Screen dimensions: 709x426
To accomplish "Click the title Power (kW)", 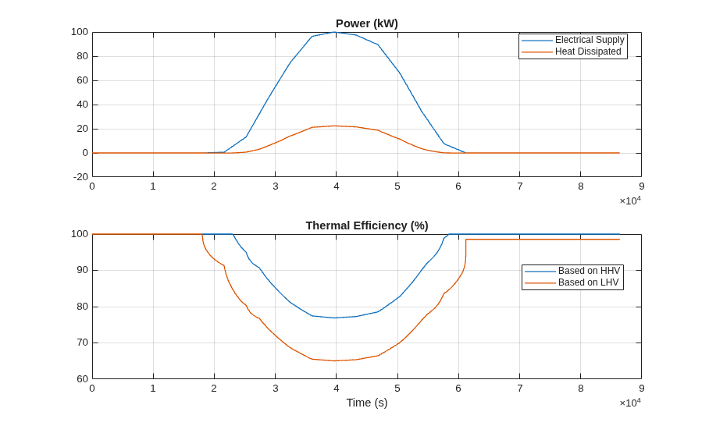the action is [367, 23].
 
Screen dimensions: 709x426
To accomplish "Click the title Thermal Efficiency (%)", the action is [367, 225].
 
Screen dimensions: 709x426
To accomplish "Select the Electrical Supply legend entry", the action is [573, 40].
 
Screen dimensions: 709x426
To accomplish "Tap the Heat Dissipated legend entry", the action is [572, 51].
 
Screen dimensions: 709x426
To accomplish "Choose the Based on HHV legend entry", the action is [572, 271].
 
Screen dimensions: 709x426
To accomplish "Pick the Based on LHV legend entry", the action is [572, 282].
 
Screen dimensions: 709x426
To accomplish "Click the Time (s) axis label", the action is [367, 403].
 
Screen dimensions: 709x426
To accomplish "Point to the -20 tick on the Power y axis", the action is [80, 177].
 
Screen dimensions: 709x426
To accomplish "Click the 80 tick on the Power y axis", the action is [82, 56].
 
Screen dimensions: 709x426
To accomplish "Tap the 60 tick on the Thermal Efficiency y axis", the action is [82, 379].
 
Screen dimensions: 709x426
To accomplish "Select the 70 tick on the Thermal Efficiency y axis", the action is [82, 343].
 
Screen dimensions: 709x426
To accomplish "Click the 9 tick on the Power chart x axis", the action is [642, 186].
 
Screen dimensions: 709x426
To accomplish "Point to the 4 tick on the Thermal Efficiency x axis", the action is [336, 388].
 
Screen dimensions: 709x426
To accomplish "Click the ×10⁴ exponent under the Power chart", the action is [630, 201].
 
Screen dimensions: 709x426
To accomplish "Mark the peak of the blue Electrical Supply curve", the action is [336, 32].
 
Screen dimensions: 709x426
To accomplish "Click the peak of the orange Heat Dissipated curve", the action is [336, 126].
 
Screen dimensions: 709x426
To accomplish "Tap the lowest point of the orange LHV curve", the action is [336, 361].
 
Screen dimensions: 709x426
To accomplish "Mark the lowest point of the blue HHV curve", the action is [336, 318].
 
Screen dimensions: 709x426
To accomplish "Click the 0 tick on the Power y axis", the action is [85, 153].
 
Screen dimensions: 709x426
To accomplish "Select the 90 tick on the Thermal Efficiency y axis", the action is [82, 270].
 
